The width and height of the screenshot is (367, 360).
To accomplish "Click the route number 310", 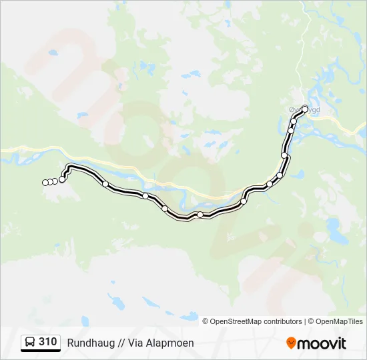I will pos(47,342).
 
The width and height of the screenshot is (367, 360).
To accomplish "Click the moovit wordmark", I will pos(322,343).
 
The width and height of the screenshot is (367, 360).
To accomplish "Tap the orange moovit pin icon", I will pos(291,343).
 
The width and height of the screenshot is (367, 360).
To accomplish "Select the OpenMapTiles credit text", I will pos(339,321).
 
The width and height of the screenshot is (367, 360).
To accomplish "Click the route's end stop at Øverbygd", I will pos(305,109).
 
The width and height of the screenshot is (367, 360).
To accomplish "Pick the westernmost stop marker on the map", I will pos(45,183).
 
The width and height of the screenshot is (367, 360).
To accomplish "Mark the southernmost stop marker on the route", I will pos(200,214).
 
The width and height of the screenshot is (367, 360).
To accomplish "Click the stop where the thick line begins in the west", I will pos(62,179).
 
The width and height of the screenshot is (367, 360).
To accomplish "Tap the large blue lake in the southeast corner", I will pos(334,231).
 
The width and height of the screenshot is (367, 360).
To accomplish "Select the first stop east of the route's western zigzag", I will pos(105,183).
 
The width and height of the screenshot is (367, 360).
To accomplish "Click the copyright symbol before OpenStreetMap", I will pos(206,321).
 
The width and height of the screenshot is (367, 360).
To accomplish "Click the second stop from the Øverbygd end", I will pos(294,121).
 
